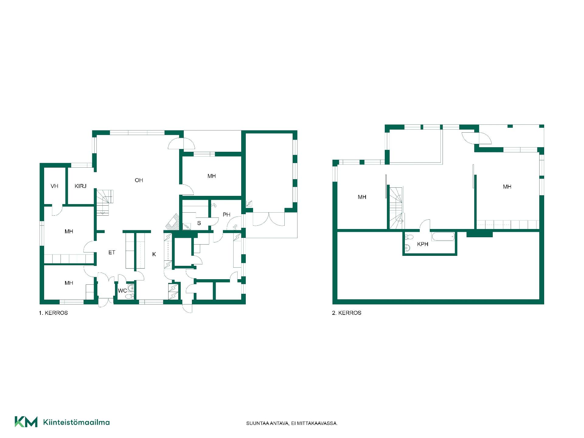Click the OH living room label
pyautogui.click(x=139, y=180)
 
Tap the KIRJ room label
pyautogui.click(x=81, y=186)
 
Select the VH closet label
pyautogui.click(x=54, y=186)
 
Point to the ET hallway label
pyautogui.click(x=112, y=252)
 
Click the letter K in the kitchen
pyautogui.click(x=154, y=254)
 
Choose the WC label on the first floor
pyautogui.click(x=122, y=291)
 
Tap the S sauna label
pyautogui.click(x=199, y=223)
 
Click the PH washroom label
pyautogui.click(x=226, y=215)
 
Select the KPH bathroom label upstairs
pyautogui.click(x=422, y=244)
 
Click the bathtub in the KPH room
pyautogui.click(x=443, y=237)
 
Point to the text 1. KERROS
pyautogui.click(x=53, y=313)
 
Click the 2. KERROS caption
pyautogui.click(x=346, y=313)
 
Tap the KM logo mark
pyautogui.click(x=26, y=422)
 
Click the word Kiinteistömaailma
pyautogui.click(x=76, y=422)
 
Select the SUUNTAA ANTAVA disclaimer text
pyautogui.click(x=292, y=423)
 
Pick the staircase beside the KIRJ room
pyautogui.click(x=105, y=203)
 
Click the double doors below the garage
pyautogui.click(x=269, y=219)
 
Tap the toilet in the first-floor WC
pyautogui.click(x=130, y=296)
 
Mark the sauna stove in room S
pyautogui.click(x=186, y=226)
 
